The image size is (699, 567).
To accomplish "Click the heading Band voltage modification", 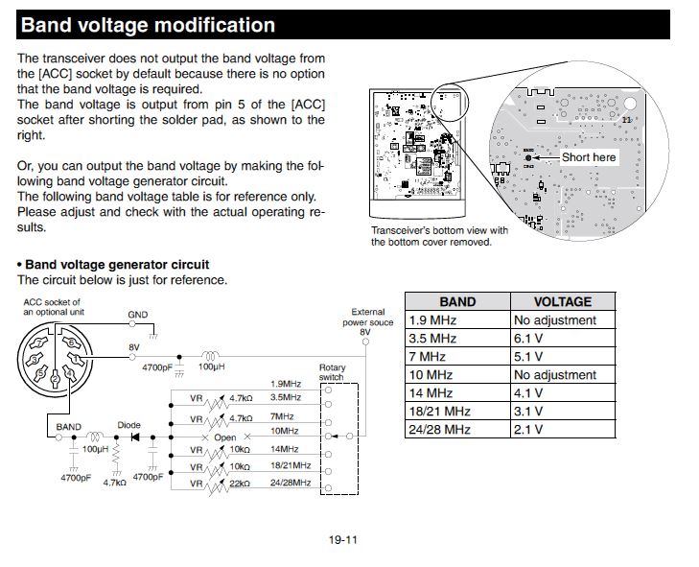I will pyautogui.click(x=148, y=26).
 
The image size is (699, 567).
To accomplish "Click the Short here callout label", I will pyautogui.click(x=589, y=156).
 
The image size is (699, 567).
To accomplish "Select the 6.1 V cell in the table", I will pyautogui.click(x=528, y=338).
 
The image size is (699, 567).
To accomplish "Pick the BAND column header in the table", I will pyautogui.click(x=456, y=301).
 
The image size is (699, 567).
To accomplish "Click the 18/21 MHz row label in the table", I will pyautogui.click(x=438, y=411).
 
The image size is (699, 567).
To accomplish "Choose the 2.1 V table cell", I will pyautogui.click(x=528, y=429).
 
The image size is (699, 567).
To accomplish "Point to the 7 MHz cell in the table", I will pyautogui.click(x=428, y=356).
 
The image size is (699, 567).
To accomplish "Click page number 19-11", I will pyautogui.click(x=342, y=540).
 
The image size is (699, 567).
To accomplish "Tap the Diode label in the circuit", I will pyautogui.click(x=128, y=425).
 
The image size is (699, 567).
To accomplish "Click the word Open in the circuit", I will pyautogui.click(x=224, y=437).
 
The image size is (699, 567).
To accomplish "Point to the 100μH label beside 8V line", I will pyautogui.click(x=210, y=367).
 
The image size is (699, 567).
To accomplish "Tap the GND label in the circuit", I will pyautogui.click(x=138, y=315).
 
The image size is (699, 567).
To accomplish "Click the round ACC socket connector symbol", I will pyautogui.click(x=60, y=363).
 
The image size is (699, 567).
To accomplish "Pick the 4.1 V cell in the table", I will pyautogui.click(x=528, y=392).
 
